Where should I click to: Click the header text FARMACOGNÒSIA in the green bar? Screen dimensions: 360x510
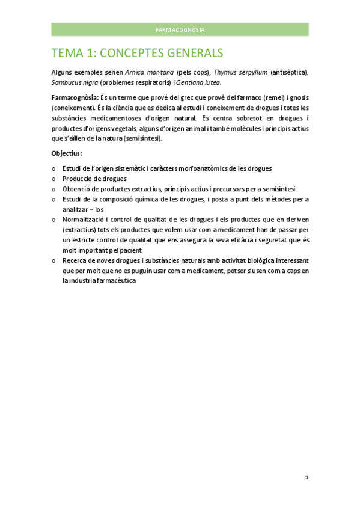coord(180,29)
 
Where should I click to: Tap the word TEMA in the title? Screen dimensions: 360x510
coord(69,52)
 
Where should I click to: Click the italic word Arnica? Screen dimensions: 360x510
coord(135,72)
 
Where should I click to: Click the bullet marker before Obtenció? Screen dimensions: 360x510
coord(53,189)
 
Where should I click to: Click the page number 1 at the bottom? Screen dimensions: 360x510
coord(307,477)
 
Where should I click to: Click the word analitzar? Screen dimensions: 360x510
coord(78,209)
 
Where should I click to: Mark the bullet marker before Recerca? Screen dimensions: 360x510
coord(53,260)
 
